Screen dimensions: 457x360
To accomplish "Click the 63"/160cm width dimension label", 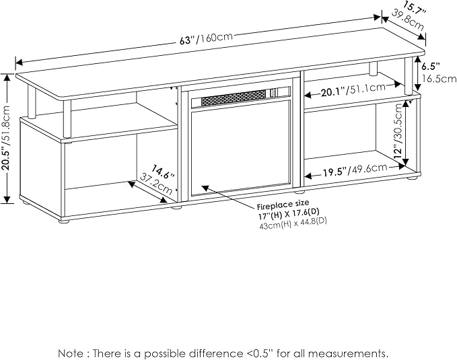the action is point(206,38).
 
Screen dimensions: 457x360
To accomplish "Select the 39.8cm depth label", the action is point(407,20).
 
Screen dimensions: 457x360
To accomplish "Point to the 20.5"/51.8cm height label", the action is point(7,137).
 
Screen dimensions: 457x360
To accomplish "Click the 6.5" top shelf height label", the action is point(431,67).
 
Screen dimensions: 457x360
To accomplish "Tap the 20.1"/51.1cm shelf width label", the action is point(353,89).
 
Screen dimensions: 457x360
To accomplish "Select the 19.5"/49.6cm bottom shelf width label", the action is point(355,170).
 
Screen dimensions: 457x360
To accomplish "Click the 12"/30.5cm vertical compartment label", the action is point(398,131).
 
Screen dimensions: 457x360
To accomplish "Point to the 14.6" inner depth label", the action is point(163,172).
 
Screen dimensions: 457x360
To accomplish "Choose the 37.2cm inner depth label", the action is point(156,184).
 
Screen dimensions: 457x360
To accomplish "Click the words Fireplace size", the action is point(283,205).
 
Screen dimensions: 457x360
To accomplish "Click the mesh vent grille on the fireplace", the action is point(234,97).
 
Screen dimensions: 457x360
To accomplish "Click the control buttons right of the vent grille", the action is point(274,92).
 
